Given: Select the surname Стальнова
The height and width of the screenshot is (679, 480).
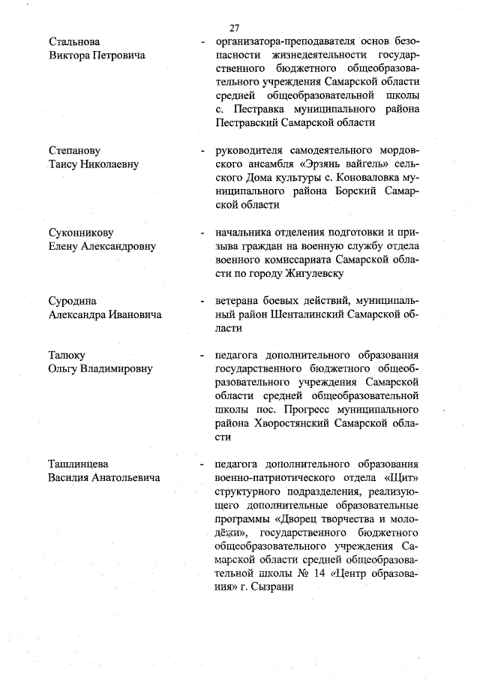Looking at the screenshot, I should [x=73, y=41].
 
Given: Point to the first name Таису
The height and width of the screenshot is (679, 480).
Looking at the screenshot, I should [x=64, y=164].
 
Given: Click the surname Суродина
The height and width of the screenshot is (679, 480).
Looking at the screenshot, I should [x=73, y=301].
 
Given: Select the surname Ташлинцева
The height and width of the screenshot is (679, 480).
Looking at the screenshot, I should [x=80, y=464].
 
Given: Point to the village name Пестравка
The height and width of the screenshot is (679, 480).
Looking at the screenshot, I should [x=265, y=109].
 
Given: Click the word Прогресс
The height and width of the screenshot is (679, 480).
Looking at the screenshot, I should [x=309, y=409].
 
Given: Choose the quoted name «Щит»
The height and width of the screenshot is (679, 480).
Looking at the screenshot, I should [x=402, y=476].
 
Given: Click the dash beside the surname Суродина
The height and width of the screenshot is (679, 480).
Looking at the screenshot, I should [x=202, y=302].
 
